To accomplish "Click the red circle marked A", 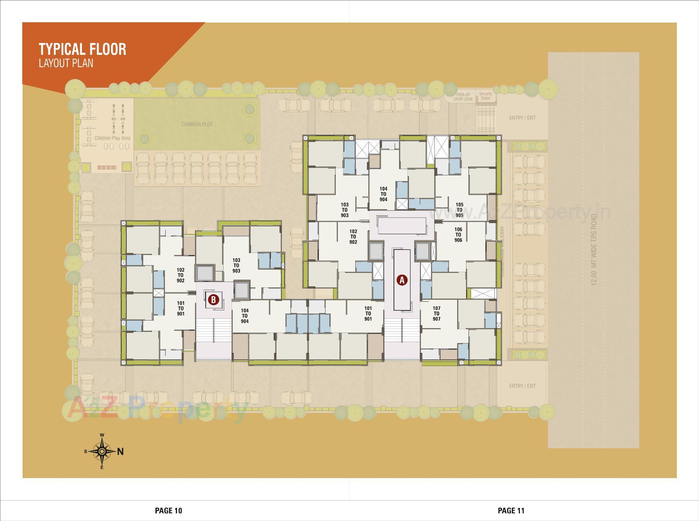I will [402, 280].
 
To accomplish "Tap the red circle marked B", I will [213, 300].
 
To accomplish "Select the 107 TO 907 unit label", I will [437, 314].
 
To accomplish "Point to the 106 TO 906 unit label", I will [458, 235].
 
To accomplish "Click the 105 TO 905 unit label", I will [459, 210].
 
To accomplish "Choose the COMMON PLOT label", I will [197, 124].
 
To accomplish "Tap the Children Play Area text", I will [112, 138].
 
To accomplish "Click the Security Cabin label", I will [486, 96].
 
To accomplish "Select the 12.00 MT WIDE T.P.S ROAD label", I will [594, 250].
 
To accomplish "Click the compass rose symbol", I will [102, 451].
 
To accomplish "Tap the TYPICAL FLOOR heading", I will [83, 49].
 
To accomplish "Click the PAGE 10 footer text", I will [168, 511].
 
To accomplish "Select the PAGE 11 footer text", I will [511, 511].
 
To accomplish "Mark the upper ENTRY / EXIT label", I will [522, 118].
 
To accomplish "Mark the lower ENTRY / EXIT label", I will [522, 386].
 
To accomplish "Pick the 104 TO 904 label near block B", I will [245, 316].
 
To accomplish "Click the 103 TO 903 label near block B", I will [236, 266].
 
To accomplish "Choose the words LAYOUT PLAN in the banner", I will [66, 63].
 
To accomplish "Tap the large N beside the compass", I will [121, 452].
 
